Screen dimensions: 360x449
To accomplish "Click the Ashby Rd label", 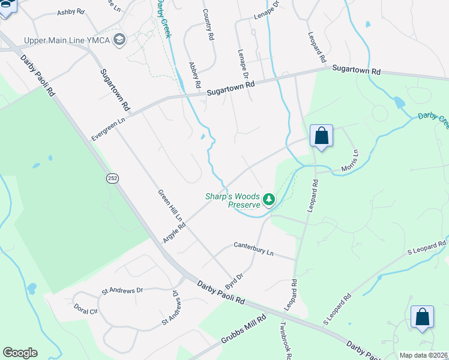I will [x=71, y=13].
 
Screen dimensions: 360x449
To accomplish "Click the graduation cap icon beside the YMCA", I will [x=119, y=40].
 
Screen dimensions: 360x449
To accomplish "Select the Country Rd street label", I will [x=208, y=25].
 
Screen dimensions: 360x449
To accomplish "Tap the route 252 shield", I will [x=112, y=179].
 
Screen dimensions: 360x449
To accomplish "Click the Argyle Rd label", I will [x=174, y=231].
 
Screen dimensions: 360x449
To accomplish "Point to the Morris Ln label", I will [x=349, y=162].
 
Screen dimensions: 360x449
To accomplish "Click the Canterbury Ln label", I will [x=253, y=250].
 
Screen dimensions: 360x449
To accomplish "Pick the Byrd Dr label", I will [x=234, y=279].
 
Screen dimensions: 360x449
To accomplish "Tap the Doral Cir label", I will [x=85, y=311].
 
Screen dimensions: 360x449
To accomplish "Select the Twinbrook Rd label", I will [x=285, y=342].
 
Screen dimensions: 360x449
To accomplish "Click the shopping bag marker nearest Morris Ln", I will [x=321, y=136].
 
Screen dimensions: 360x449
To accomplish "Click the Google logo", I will [x=20, y=353].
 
